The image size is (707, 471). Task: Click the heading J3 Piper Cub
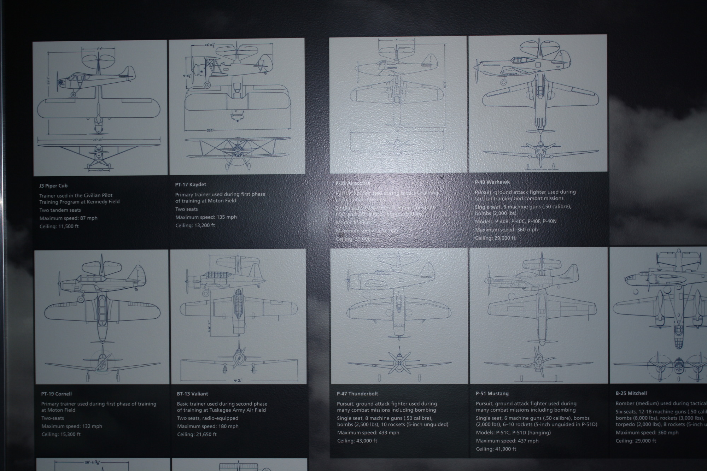53,186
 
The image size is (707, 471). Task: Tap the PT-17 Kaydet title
191,184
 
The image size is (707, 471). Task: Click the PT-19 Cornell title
57,394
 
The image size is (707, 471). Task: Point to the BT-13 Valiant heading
192,394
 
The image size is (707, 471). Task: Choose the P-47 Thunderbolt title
357,394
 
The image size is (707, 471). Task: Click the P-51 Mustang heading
492,394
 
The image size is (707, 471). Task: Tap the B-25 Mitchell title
631,393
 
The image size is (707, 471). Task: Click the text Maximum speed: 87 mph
68,218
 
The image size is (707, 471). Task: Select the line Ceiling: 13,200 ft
195,225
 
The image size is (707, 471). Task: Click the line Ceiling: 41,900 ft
496,449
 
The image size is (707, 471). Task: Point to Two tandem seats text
60,210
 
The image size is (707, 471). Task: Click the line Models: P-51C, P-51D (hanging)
513,432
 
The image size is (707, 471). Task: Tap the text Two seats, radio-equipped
208,418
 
